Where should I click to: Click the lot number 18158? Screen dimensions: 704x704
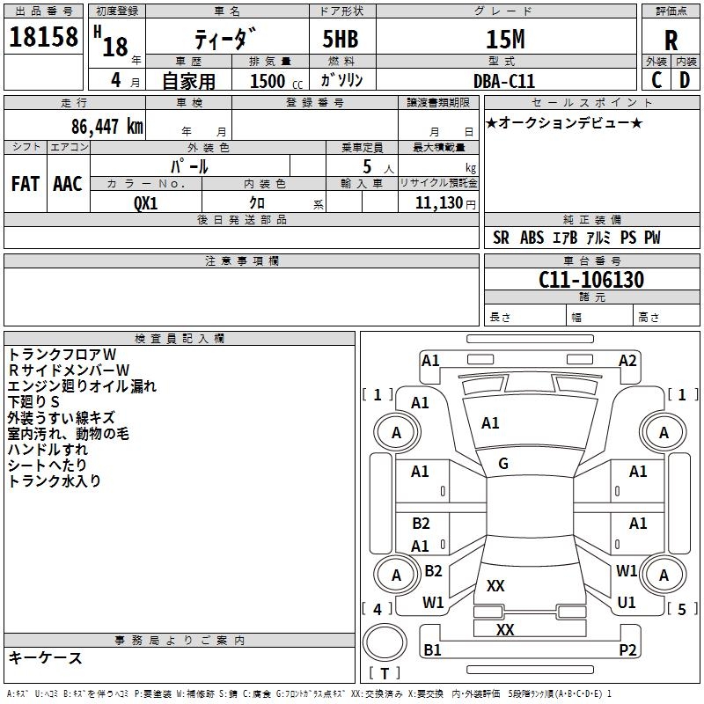coord(43,40)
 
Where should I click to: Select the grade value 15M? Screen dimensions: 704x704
coord(505,40)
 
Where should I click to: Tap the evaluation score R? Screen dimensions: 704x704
coord(671,40)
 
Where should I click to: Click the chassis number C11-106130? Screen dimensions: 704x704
coord(591,281)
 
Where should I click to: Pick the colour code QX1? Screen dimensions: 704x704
coord(146,202)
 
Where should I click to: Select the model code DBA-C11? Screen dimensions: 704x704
coord(504,81)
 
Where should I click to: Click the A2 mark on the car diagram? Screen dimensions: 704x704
coord(627,360)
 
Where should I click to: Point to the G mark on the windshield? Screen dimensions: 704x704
coord(503,464)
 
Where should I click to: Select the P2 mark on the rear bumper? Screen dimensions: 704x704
coord(627,650)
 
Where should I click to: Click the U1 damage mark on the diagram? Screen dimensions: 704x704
coord(627,603)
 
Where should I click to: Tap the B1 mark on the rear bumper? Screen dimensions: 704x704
coord(432,650)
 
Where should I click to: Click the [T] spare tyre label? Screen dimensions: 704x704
coord(384,674)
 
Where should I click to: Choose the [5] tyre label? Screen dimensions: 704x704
coord(682,608)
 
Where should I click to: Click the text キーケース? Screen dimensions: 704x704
coord(45,657)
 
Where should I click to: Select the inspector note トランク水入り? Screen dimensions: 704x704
coord(55,480)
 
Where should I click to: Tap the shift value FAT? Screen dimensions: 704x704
coord(26,184)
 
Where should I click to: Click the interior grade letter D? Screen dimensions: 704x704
coord(685,81)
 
